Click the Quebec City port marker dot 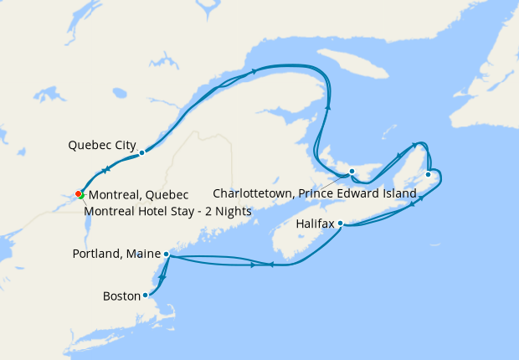point(142,152)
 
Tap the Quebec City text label point(102,145)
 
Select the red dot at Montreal point(78,193)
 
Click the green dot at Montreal point(82,194)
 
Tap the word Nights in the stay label point(231,211)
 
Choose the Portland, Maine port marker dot point(167,254)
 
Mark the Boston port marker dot point(146,295)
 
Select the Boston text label point(121,296)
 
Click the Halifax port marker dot point(341,224)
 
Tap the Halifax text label point(316,224)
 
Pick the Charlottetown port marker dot point(352,172)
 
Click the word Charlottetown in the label point(252,193)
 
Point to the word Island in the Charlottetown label point(398,193)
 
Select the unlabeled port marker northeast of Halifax point(428,174)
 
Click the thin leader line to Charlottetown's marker point(335,180)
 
